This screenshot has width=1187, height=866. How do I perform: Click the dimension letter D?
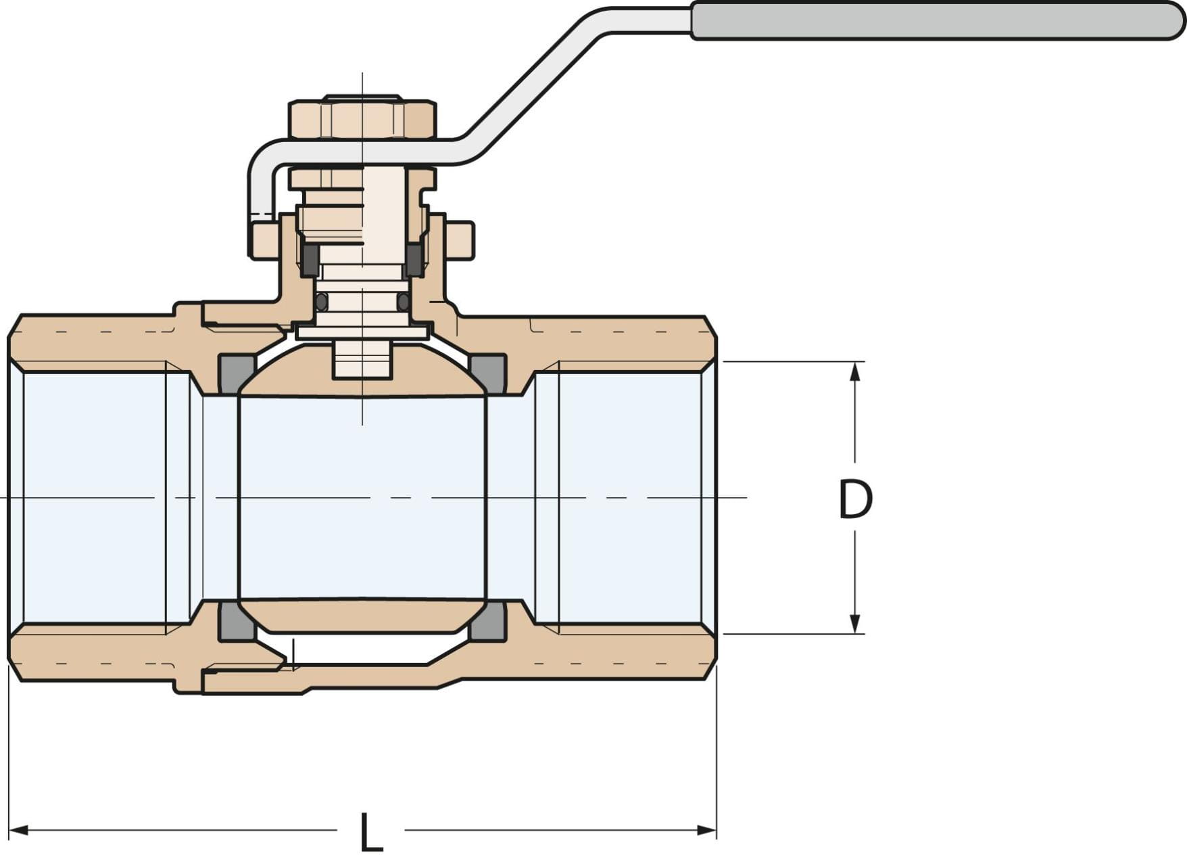tap(855, 499)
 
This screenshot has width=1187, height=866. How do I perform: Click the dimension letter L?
tap(370, 832)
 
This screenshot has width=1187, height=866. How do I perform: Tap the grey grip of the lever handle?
tap(936, 20)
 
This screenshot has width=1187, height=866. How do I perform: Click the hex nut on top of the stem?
tap(362, 119)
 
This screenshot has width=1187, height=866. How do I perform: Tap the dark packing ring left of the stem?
tap(310, 259)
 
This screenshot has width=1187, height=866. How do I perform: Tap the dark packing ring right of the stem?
tap(414, 259)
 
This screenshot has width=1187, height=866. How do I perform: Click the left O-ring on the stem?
tap(322, 302)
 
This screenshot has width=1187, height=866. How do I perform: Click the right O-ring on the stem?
tap(403, 302)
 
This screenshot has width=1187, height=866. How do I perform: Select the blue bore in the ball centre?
tap(362, 497)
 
